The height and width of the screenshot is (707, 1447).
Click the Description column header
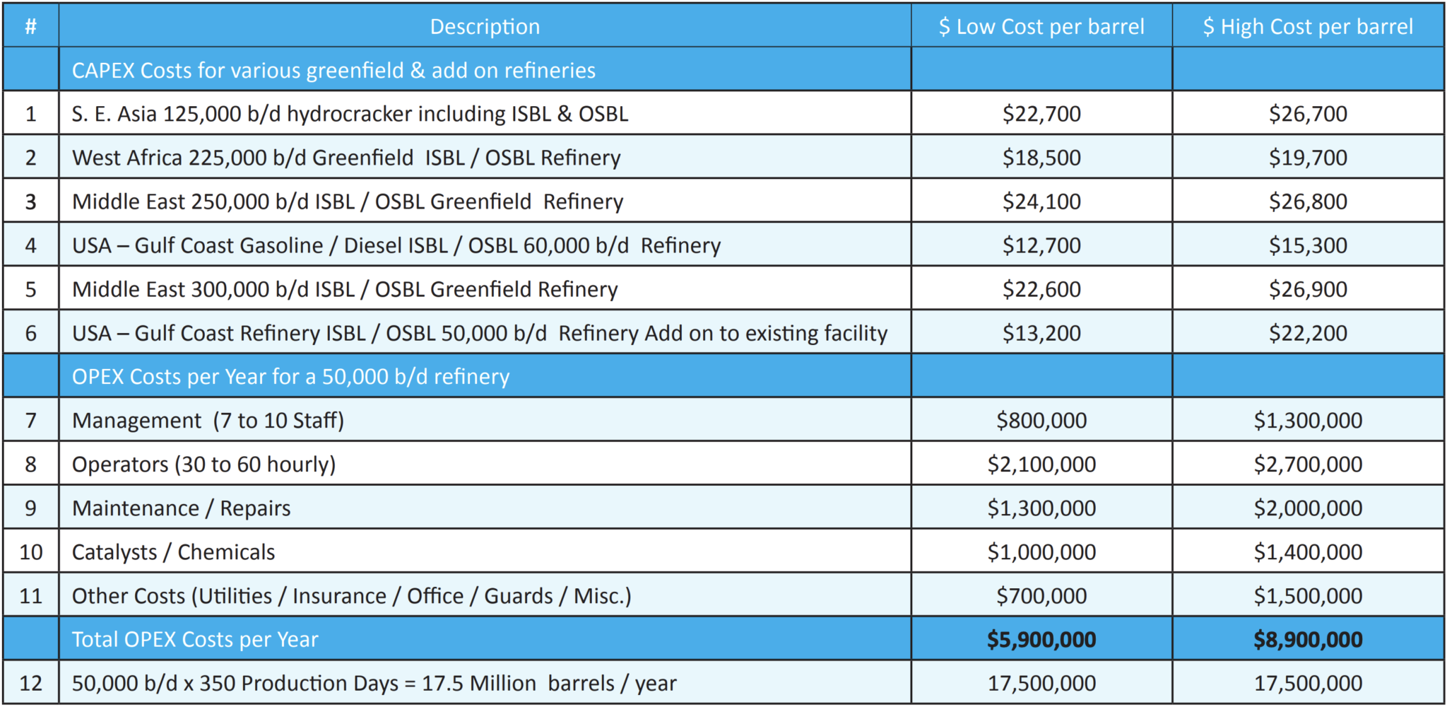tap(485, 27)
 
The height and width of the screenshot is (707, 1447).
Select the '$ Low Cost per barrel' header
tap(1041, 27)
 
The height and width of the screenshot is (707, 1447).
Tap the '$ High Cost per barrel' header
tap(1308, 27)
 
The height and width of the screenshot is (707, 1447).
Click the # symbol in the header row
tap(30, 27)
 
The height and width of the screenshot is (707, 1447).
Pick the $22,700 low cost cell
tap(1041, 114)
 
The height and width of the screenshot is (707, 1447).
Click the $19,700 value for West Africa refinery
tap(1308, 158)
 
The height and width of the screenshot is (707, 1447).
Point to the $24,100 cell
tap(1041, 201)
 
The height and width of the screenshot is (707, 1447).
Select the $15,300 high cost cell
tap(1308, 245)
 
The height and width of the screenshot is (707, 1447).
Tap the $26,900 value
tap(1308, 289)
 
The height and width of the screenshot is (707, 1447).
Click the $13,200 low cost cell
tap(1041, 333)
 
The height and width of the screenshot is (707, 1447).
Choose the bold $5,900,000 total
tap(1041, 640)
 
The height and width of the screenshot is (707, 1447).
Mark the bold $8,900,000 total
tap(1308, 640)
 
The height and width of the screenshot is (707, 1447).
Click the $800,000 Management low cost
tap(1041, 421)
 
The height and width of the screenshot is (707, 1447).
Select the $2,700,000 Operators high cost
tap(1308, 464)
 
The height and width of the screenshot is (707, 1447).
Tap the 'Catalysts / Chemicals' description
tap(173, 552)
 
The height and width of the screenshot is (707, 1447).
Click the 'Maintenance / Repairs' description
tap(181, 508)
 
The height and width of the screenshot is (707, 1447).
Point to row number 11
tap(30, 596)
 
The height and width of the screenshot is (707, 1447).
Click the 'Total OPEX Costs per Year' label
tap(195, 640)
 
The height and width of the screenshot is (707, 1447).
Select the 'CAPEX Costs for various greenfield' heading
tap(333, 71)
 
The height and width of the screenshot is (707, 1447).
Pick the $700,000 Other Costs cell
tap(1041, 596)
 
